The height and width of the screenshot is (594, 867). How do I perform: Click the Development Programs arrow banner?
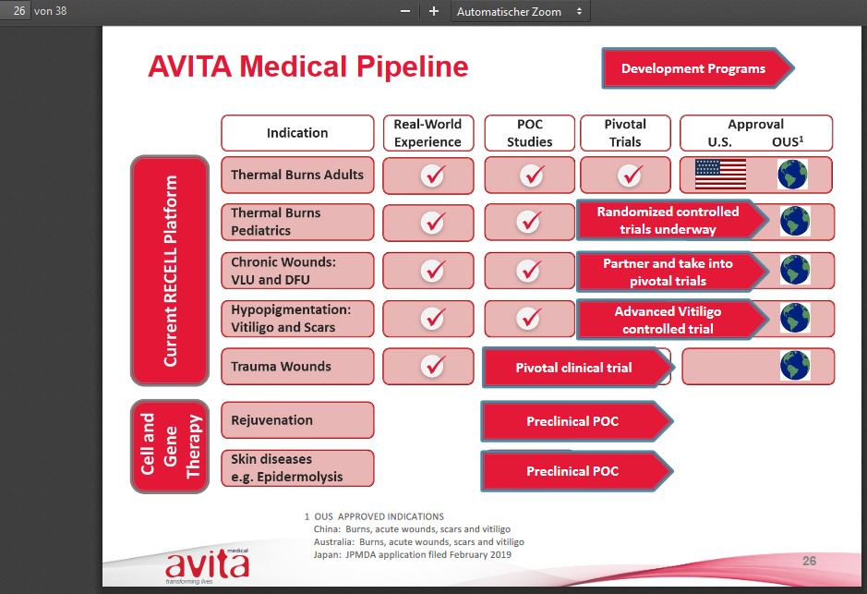tap(693, 68)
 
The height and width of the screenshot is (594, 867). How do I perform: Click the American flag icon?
tap(720, 174)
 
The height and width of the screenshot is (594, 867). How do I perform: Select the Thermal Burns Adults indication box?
tap(297, 175)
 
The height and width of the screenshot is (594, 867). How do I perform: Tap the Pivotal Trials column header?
tap(625, 133)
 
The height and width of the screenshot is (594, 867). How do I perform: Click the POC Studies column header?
tap(529, 133)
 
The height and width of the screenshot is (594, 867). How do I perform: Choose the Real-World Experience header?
tap(427, 133)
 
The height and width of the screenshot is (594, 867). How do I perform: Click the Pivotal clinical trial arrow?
tap(573, 368)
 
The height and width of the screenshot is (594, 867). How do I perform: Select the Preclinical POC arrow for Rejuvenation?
tap(572, 421)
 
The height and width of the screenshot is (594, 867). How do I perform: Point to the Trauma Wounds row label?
tap(297, 367)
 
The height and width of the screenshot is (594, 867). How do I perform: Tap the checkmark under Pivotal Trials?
tap(629, 175)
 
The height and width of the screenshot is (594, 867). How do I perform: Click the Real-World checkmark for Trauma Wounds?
tap(432, 366)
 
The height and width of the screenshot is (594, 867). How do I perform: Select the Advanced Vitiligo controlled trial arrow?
tap(668, 320)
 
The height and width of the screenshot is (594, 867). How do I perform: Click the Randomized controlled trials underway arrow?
tap(668, 221)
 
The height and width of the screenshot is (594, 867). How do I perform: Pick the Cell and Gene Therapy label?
tap(169, 443)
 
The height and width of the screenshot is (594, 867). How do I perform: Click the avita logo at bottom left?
tap(207, 564)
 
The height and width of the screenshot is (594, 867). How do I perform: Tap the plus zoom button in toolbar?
tap(434, 11)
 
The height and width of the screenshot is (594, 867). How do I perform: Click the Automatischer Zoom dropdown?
tap(520, 11)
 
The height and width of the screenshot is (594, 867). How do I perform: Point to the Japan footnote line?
tap(412, 554)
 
